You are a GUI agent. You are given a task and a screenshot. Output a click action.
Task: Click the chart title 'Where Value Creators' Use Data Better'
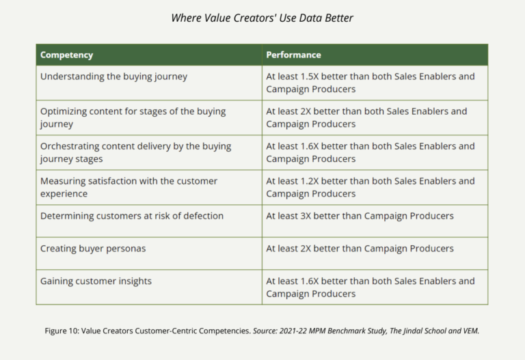(x=262, y=18)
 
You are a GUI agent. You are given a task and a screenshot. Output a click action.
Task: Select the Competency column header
(x=66, y=55)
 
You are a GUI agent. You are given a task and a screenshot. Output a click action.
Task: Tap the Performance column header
(x=293, y=55)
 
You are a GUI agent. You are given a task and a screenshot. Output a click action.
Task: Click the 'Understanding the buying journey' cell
(x=113, y=77)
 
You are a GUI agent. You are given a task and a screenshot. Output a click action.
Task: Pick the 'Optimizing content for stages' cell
(x=133, y=117)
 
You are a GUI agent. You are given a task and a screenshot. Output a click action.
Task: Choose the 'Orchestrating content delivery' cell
(x=135, y=152)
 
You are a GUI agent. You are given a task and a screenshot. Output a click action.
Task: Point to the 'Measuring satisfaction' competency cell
(x=129, y=187)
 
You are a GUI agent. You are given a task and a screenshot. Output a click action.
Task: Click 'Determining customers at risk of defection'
(x=132, y=216)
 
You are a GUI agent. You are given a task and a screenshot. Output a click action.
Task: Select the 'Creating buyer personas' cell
(x=93, y=249)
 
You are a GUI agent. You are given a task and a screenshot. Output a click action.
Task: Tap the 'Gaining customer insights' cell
(x=96, y=281)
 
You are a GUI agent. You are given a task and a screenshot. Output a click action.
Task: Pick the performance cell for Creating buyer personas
(x=360, y=249)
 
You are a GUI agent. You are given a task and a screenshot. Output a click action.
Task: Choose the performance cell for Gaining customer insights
(x=370, y=287)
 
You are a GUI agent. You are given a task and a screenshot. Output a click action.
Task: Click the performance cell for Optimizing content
(x=366, y=117)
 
